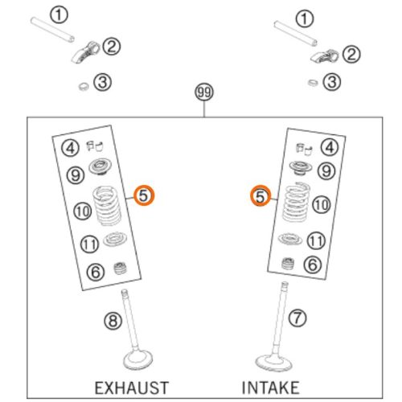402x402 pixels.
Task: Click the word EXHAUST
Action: click(132, 388)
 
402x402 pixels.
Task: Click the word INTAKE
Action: click(270, 388)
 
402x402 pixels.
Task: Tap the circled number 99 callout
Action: click(204, 92)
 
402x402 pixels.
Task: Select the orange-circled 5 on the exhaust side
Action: click(144, 195)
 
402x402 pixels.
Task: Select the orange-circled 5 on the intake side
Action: click(260, 196)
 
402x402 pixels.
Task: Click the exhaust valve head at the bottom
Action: click(138, 359)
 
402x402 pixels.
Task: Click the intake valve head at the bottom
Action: click(273, 363)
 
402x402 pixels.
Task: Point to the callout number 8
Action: click(113, 321)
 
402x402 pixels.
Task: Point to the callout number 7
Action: click(297, 318)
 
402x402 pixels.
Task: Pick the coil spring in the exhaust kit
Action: click(107, 206)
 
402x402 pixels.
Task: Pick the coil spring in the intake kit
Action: click(296, 203)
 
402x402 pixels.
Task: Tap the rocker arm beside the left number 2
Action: click(85, 52)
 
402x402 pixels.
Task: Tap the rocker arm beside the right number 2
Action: click(324, 56)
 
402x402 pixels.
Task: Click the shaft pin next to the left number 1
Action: click(52, 30)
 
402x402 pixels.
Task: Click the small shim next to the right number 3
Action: click(313, 83)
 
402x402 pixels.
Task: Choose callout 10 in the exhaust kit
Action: click(83, 211)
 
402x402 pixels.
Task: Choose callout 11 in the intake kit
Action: click(316, 240)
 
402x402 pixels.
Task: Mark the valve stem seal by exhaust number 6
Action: click(120, 269)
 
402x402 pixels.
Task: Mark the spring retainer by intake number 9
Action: click(301, 168)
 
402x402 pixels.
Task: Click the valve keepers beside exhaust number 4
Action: click(95, 146)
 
